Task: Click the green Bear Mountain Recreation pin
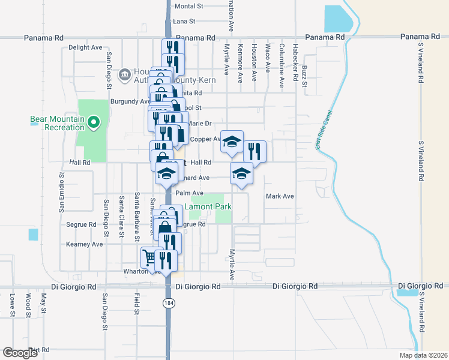tap(93, 123)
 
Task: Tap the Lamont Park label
tap(208, 207)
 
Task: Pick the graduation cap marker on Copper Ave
tap(232, 142)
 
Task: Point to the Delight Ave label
tap(85, 47)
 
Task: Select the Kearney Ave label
tap(85, 244)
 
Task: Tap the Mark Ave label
tap(280, 196)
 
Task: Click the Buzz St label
tap(305, 80)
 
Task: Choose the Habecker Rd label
tap(295, 65)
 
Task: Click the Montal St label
tap(189, 6)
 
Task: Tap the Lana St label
tap(184, 21)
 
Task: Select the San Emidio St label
tap(61, 193)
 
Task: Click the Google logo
tap(20, 353)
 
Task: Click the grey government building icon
tap(124, 74)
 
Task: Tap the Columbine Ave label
tap(281, 66)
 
